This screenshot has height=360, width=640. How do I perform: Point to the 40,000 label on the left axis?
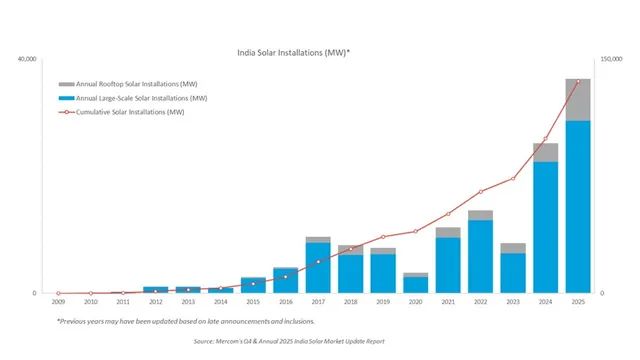point(26,60)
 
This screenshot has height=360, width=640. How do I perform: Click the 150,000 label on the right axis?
point(612,60)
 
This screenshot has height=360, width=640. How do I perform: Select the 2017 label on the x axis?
point(318,301)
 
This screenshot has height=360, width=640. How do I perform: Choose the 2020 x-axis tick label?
point(415,301)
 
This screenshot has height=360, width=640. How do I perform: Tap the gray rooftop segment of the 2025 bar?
point(577,99)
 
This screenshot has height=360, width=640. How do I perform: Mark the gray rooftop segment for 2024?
point(545,152)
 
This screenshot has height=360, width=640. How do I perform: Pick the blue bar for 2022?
point(480,256)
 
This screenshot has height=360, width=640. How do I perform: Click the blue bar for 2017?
point(318,267)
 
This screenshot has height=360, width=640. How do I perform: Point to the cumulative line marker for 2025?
point(577,82)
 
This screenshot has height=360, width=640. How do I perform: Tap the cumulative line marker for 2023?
point(513,179)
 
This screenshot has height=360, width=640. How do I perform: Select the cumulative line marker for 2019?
point(383,237)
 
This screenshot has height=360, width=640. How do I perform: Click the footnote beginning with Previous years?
point(185,321)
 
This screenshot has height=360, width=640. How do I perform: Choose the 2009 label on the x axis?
point(58,301)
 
